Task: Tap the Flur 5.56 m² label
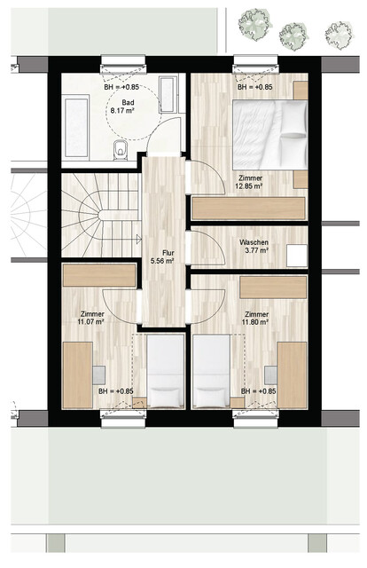pos(161,256)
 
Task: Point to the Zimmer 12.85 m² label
pos(254,182)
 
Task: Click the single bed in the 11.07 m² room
pos(162,373)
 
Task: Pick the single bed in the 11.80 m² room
pos(211,373)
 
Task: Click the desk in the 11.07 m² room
pos(77,375)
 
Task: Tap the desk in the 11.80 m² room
pos(292,375)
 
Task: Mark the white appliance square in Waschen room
pos(296,255)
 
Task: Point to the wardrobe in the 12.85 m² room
pos(249,208)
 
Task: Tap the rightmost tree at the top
pos(339,35)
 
